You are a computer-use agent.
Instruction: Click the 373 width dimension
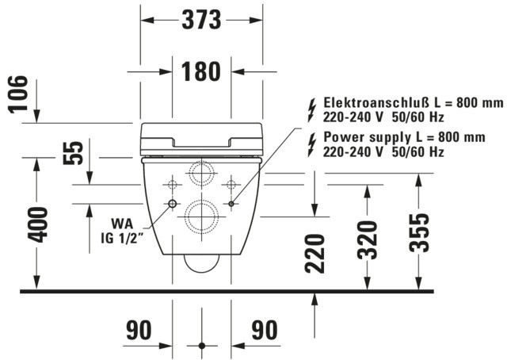coord(201,19)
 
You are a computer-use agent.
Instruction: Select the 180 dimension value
coord(200,71)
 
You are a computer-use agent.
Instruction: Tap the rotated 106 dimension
coord(17,94)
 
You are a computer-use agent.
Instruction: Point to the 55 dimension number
coord(73,153)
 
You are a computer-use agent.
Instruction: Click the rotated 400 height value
coord(37,224)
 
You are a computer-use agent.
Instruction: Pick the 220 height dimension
coord(314,254)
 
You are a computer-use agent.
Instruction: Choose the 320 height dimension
coord(368,240)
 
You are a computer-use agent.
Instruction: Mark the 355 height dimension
coord(419,232)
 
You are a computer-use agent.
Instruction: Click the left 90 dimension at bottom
coord(139,330)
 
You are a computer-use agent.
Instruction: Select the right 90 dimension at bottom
coord(265,330)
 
